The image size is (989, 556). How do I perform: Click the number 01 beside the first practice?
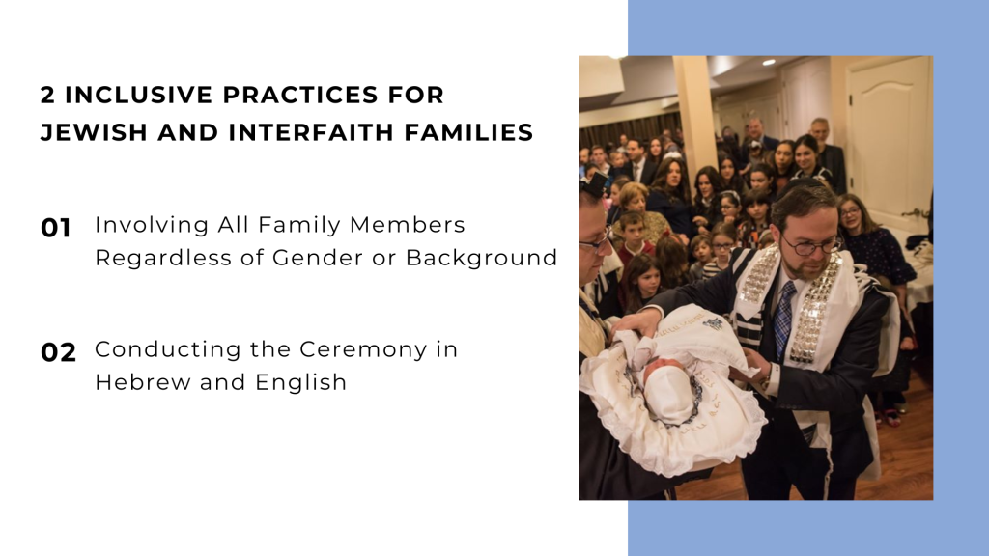click(x=56, y=229)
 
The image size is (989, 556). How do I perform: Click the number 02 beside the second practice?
click(x=58, y=353)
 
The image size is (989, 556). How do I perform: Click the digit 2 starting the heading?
click(x=47, y=96)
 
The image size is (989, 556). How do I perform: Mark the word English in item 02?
click(x=300, y=382)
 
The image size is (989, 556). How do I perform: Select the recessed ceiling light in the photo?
click(x=768, y=62)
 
